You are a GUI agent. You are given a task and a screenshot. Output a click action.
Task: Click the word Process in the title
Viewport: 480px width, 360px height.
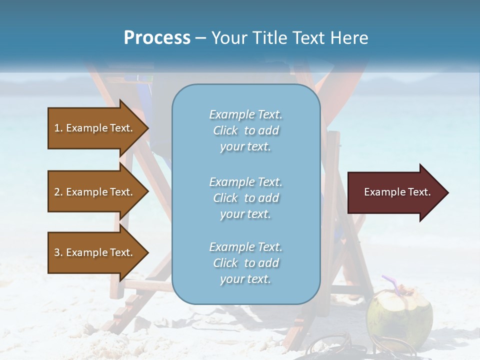click(157, 38)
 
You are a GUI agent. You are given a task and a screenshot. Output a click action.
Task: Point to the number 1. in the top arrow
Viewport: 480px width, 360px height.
click(58, 128)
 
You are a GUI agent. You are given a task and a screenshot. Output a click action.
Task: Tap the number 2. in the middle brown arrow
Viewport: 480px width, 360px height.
click(58, 192)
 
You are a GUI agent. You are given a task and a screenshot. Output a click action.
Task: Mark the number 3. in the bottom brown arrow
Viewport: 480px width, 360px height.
click(58, 252)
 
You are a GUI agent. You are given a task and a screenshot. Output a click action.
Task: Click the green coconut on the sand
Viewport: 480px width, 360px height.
click(399, 312)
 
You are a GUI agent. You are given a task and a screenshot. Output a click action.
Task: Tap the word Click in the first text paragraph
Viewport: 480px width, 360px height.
click(225, 131)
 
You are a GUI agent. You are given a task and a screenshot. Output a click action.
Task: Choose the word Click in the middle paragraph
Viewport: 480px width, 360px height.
click(225, 198)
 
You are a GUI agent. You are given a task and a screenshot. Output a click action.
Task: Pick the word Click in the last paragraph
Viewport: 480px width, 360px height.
click(225, 263)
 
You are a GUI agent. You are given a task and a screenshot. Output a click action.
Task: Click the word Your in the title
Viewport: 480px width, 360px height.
click(229, 38)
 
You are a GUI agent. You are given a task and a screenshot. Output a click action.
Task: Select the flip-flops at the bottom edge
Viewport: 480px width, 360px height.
click(325, 347)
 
